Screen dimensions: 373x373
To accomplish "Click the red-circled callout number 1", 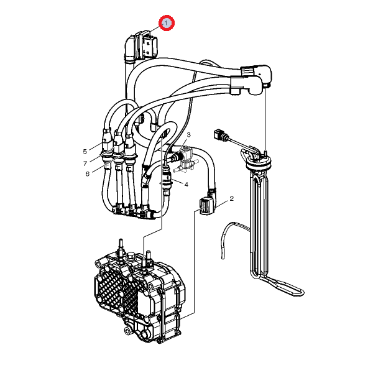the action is coord(167,23).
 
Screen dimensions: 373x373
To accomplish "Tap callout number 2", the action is coord(231,198).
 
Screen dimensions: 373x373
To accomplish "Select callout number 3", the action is coord(188,135).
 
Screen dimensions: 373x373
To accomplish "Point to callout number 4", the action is coord(186,185).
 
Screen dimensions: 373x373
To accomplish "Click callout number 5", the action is coord(85,151).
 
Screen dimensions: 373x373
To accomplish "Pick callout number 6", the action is coord(87,174).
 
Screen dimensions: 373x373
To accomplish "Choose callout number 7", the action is coord(85,163).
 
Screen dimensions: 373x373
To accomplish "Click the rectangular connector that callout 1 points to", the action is coord(145,45).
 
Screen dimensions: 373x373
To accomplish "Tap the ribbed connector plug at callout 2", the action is coord(205,206).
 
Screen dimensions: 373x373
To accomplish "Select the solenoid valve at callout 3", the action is coord(186,157).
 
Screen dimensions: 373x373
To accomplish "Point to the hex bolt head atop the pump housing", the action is coord(130,256).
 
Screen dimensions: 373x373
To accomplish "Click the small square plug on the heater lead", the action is coord(218,134).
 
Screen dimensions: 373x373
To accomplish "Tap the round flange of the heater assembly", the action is coord(259,162).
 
